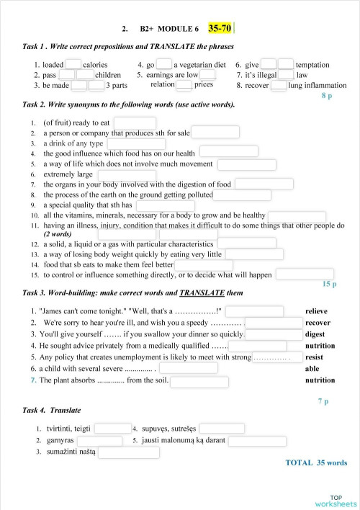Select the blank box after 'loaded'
pos(73,64)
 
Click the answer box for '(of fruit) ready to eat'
pos(135,123)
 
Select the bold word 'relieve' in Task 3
pos(316,311)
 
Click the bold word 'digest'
pos(315,334)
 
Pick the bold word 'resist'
pos(314,357)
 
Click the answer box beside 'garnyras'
pos(99,441)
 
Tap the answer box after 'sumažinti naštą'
pos(128,452)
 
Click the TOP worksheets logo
pos(336,500)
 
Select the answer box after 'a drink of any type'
pos(135,143)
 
